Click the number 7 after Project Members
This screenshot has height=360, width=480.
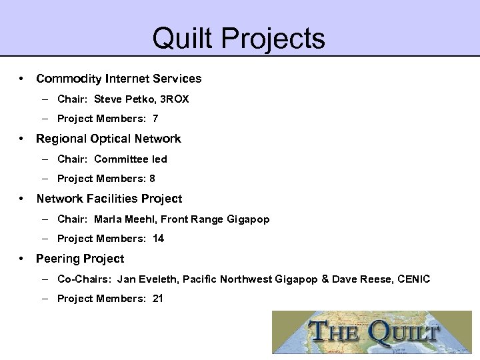pos(155,119)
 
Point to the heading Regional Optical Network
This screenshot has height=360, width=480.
pos(109,139)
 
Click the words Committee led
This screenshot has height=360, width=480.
pos(131,159)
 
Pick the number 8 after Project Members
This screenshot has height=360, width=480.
pos(153,179)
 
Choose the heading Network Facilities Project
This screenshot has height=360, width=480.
pos(109,199)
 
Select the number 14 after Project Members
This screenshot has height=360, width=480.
pos(158,239)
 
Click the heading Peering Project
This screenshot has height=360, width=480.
pos(80,258)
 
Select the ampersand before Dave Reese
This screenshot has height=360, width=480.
pos(325,279)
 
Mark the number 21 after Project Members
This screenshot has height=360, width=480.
pos(158,299)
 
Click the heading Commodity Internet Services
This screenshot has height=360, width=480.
pos(119,79)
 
